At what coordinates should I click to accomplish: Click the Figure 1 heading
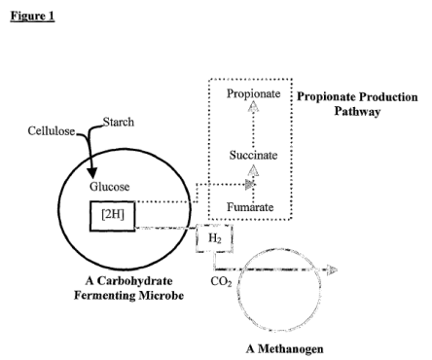(32, 16)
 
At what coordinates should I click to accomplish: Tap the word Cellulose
(52, 131)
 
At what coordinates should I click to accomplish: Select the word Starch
(119, 122)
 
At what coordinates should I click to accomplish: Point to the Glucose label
(110, 187)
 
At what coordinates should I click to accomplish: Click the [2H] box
(113, 216)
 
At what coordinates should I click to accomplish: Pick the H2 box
(214, 238)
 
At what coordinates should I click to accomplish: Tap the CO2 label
(221, 281)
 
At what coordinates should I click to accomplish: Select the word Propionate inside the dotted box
(253, 93)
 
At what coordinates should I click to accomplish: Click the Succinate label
(253, 155)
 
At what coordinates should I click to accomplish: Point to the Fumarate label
(250, 207)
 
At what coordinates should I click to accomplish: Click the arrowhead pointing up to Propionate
(253, 106)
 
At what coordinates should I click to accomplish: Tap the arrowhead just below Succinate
(253, 170)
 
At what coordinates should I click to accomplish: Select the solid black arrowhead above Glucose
(92, 172)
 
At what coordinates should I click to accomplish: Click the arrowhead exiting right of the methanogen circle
(332, 270)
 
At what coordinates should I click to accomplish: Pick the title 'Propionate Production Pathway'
(357, 104)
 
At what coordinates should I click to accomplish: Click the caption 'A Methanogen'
(285, 349)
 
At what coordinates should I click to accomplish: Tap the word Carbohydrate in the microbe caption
(135, 281)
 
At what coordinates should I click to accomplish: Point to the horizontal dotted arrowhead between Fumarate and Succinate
(250, 185)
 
